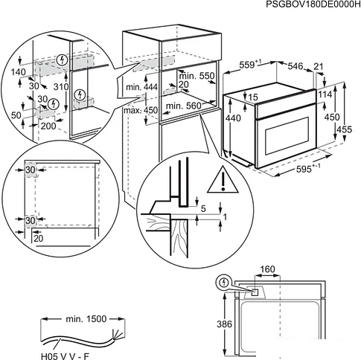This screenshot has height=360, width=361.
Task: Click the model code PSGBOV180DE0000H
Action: click(x=307, y=6)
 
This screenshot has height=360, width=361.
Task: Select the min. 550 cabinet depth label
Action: click(x=197, y=77)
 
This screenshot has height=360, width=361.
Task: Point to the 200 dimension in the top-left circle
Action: click(x=48, y=127)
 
